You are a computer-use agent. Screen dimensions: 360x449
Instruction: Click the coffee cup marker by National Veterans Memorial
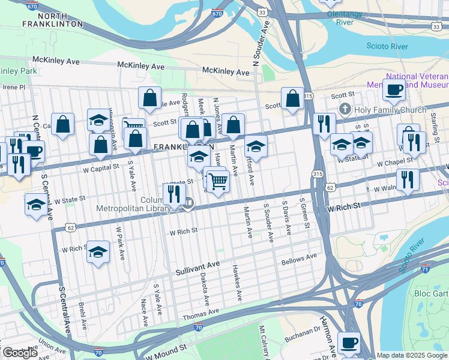(x=394, y=91)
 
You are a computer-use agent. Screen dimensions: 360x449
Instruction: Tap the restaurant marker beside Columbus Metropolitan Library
(x=172, y=193)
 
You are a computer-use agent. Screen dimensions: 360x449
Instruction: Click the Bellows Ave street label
(x=298, y=259)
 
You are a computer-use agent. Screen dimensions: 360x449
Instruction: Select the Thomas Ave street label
(x=200, y=313)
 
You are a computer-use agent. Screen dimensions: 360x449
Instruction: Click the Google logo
(x=19, y=353)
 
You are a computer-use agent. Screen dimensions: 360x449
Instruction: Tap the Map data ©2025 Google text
(x=411, y=355)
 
